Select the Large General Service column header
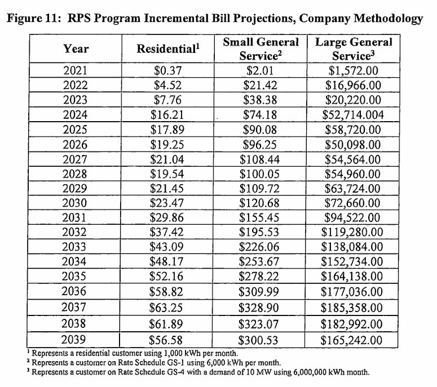click(353, 48)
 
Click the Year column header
click(76, 48)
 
